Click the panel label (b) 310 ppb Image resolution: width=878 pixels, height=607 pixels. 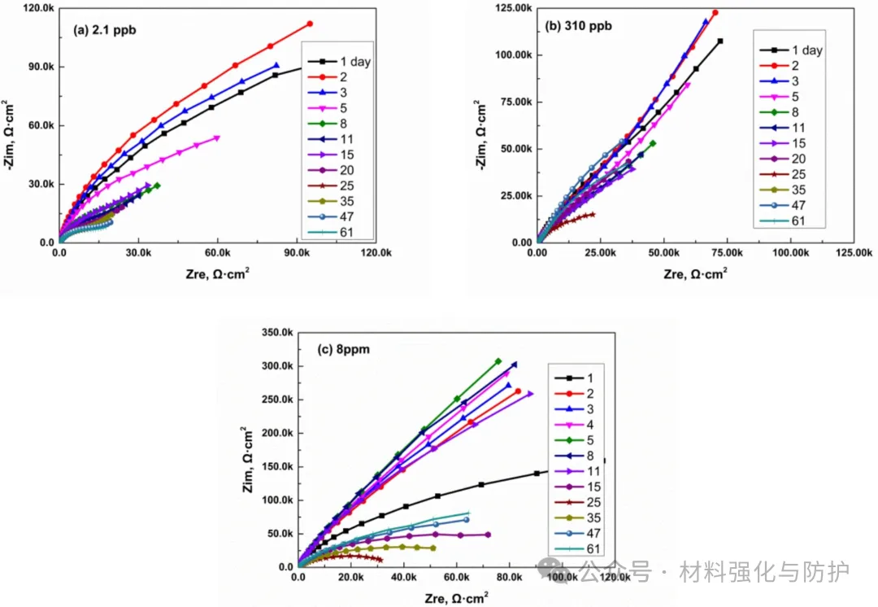578,26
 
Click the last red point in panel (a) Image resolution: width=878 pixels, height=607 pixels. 310,24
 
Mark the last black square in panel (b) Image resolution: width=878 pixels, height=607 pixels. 720,41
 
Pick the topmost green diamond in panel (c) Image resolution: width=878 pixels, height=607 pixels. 498,361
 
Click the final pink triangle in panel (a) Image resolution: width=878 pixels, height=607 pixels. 217,138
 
